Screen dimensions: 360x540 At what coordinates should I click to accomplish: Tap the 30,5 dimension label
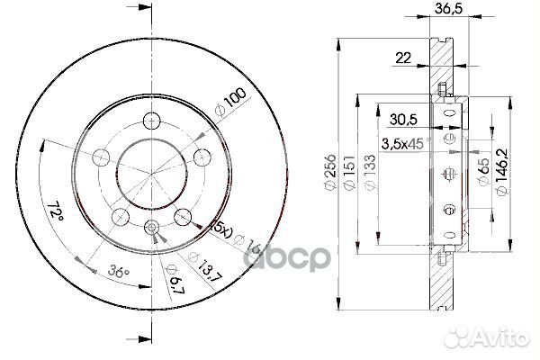tap(401, 117)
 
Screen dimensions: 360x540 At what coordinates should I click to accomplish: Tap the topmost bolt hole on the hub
tap(152, 120)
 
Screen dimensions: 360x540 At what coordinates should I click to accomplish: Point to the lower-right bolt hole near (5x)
tap(183, 216)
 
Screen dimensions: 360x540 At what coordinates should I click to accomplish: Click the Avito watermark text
tap(500, 339)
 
